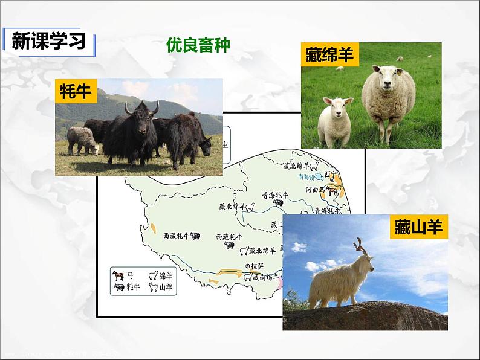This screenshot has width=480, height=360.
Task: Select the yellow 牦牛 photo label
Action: pos(76,91)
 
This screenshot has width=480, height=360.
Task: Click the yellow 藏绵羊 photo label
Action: pos(329,56)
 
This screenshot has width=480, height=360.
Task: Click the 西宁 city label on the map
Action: pos(329,174)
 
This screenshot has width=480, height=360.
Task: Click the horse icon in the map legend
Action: pos(117,275)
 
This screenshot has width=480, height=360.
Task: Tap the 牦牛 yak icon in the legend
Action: pos(117,288)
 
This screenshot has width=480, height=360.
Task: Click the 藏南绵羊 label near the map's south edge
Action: pos(265,277)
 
